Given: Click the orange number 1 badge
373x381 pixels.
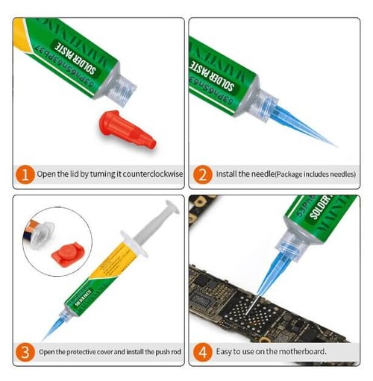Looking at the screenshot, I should point(24,175).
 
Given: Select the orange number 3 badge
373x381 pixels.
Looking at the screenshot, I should point(24,351).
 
